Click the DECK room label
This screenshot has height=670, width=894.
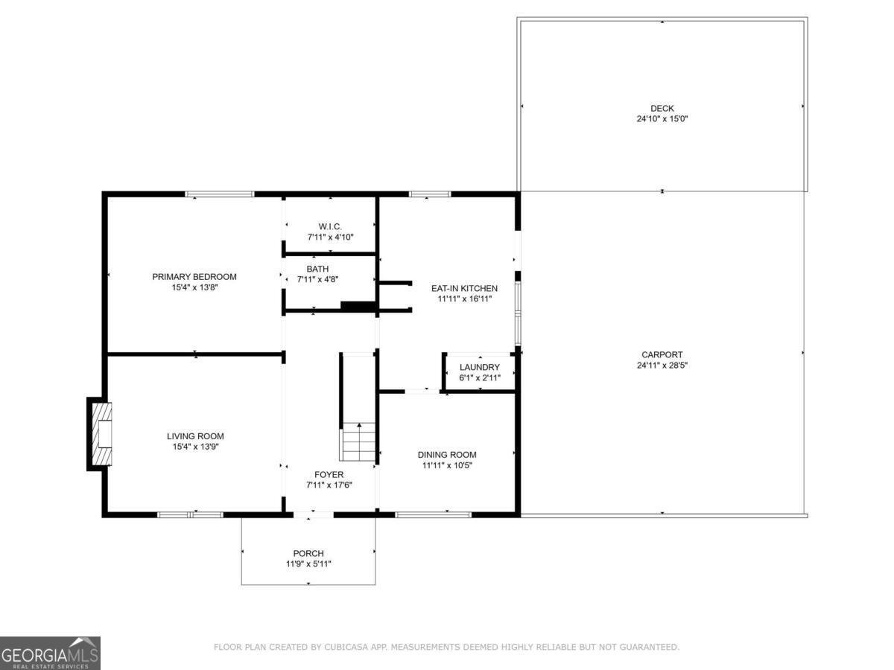coord(662,109)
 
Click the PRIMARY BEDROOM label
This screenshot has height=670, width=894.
coord(194,277)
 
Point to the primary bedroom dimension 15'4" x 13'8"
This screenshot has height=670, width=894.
coord(194,287)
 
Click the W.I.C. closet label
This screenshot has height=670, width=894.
coord(330,226)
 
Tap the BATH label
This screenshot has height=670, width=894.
coord(317,269)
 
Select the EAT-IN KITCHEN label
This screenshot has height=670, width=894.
coord(464,288)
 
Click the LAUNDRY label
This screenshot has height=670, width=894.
coord(479,368)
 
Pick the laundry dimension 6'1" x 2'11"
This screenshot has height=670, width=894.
coord(479,378)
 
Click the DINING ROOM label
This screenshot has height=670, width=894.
coord(446,455)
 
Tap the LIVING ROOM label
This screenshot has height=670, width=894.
coord(194,436)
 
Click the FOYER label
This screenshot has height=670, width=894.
coord(329,474)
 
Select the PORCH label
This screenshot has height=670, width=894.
coord(308,553)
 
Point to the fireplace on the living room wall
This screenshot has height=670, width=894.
coord(100,435)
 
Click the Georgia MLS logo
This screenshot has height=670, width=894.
coord(50,653)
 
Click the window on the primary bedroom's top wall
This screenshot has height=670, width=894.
coord(220,194)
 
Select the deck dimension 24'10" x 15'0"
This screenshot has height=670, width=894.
coord(662,119)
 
